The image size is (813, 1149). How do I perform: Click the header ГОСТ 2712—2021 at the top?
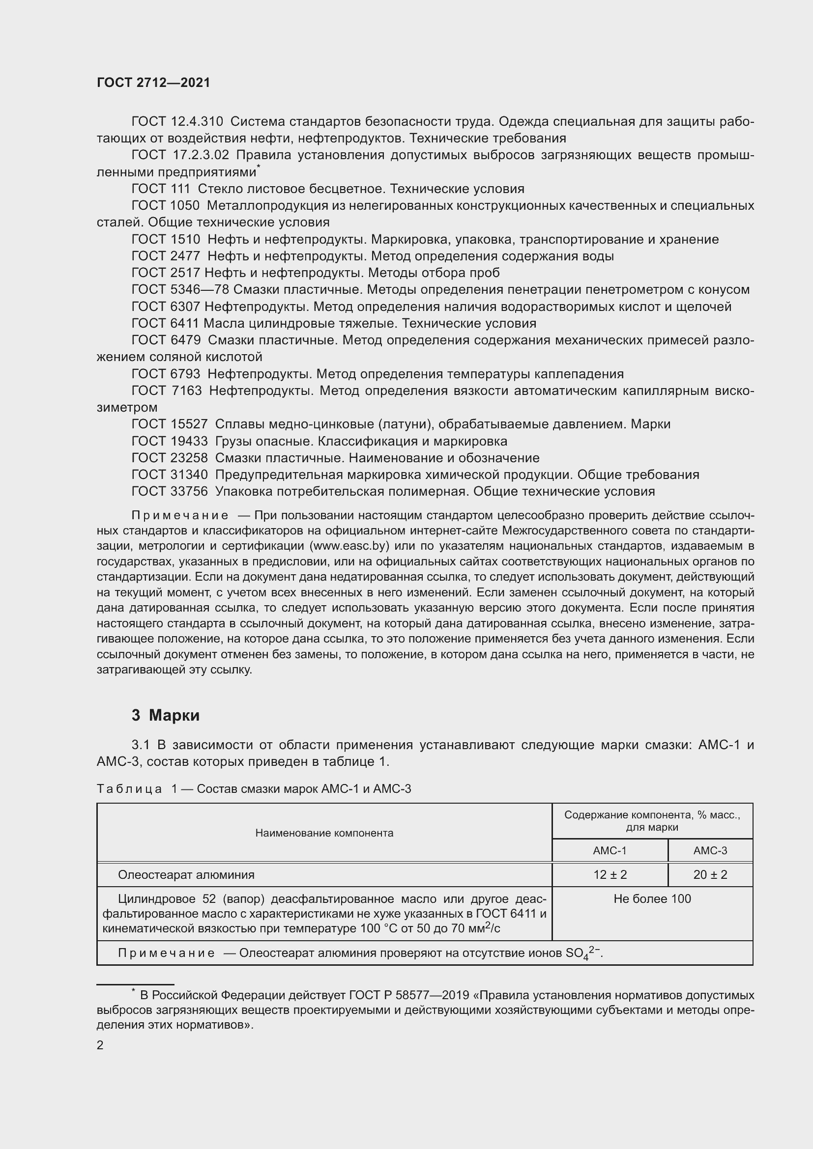click(x=153, y=83)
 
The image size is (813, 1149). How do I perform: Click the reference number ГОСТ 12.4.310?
click(x=177, y=122)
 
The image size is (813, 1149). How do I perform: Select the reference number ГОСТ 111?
click(x=161, y=189)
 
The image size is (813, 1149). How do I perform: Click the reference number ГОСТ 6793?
click(x=166, y=374)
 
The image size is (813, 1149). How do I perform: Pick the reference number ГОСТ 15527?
click(x=169, y=424)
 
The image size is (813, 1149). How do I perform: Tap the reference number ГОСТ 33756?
click(x=169, y=491)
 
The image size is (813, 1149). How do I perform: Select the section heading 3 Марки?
click(x=165, y=716)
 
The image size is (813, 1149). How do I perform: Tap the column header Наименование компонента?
click(x=324, y=833)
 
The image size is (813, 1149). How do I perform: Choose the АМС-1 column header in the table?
click(x=609, y=851)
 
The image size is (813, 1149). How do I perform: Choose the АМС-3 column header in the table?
click(x=710, y=851)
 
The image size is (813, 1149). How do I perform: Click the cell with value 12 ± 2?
click(x=609, y=875)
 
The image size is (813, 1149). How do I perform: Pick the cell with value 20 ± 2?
click(x=710, y=875)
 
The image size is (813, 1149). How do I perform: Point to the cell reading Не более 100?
click(x=652, y=899)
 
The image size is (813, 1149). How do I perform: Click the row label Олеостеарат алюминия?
click(x=186, y=875)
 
